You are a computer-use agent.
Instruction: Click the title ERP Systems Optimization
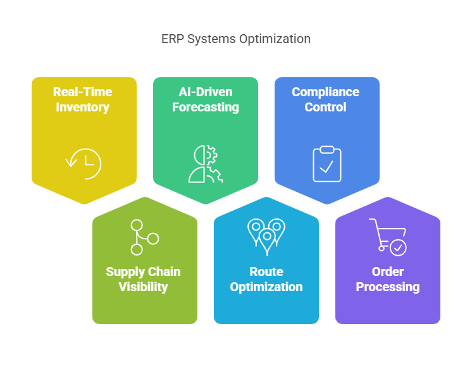pyautogui.click(x=236, y=39)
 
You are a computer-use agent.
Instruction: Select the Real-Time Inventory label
pyautogui.click(x=82, y=99)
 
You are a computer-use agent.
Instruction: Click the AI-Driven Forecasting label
pyautogui.click(x=205, y=99)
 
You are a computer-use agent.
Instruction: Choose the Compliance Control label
pyautogui.click(x=325, y=99)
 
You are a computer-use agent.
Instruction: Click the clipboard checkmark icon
pyautogui.click(x=327, y=163)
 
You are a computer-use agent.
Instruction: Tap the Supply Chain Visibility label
pyautogui.click(x=143, y=279)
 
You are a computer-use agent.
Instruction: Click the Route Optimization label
pyautogui.click(x=266, y=279)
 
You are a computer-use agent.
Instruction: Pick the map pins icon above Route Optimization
pyautogui.click(x=266, y=236)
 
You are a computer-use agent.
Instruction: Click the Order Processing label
pyautogui.click(x=387, y=279)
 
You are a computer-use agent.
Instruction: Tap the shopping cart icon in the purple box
pyautogui.click(x=387, y=237)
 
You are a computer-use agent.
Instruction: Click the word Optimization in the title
pyautogui.click(x=275, y=39)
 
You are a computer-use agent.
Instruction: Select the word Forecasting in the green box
pyautogui.click(x=205, y=107)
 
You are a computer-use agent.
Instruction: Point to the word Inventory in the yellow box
pyautogui.click(x=82, y=107)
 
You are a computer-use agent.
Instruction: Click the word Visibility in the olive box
pyautogui.click(x=143, y=287)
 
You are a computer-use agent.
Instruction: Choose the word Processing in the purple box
pyautogui.click(x=387, y=287)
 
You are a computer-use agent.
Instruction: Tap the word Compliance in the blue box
pyautogui.click(x=325, y=92)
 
